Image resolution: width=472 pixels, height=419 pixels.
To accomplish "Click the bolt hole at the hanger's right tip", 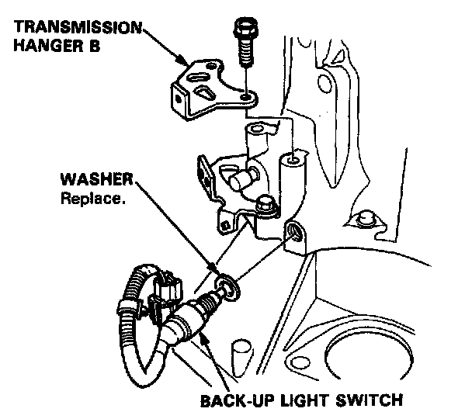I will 247,97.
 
